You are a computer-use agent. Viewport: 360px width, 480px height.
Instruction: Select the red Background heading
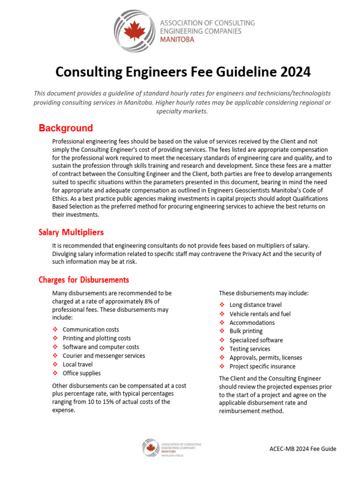pyautogui.click(x=66, y=128)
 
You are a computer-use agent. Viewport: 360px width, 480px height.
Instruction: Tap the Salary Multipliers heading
pyautogui.click(x=71, y=232)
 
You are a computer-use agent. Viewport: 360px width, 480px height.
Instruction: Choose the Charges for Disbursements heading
pyautogui.click(x=83, y=280)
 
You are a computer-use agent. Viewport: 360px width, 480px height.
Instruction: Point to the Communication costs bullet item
pyautogui.click(x=90, y=330)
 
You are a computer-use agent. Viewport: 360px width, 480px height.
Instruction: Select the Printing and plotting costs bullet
pyautogui.click(x=97, y=338)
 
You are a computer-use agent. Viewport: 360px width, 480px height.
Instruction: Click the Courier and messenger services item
pyautogui.click(x=104, y=356)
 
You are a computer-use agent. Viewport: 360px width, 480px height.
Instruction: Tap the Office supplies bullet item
pyautogui.click(x=82, y=373)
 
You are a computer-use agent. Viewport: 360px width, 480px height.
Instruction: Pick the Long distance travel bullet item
pyautogui.click(x=255, y=305)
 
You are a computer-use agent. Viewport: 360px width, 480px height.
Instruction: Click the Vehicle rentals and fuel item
pyautogui.click(x=260, y=314)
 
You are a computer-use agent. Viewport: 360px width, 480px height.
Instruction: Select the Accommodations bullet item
pyautogui.click(x=252, y=322)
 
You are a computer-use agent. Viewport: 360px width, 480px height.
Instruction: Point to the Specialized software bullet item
pyautogui.click(x=256, y=340)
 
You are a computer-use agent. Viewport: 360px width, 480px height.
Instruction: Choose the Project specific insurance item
pyautogui.click(x=262, y=366)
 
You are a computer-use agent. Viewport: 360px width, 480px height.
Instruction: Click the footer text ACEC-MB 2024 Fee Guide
pyautogui.click(x=303, y=449)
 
